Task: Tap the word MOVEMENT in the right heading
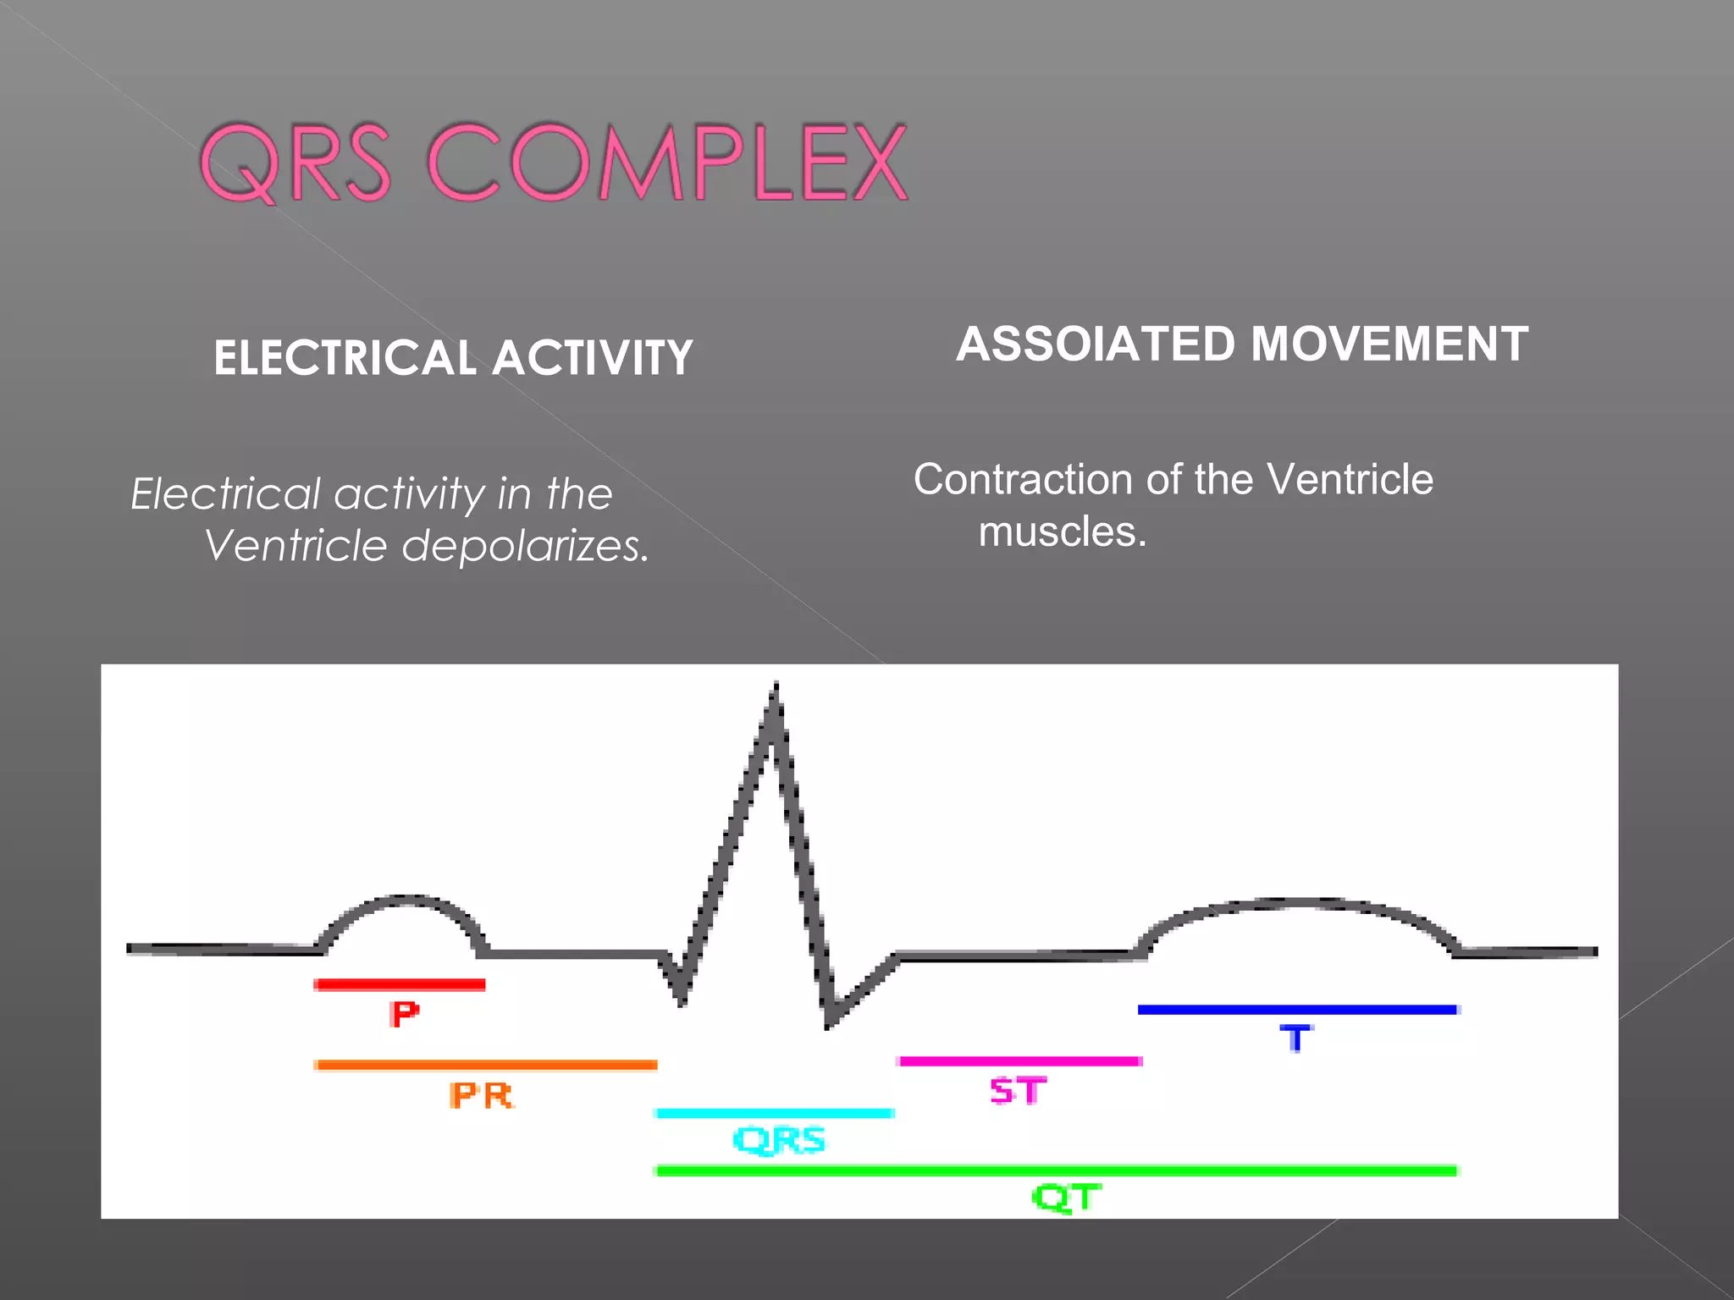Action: pos(1389,344)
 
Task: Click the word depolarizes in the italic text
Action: pos(525,546)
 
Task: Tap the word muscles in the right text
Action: pos(1062,532)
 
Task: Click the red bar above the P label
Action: pos(399,984)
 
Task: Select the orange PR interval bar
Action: pos(485,1065)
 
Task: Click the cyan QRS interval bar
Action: pos(775,1113)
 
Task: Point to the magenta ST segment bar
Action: pos(1019,1060)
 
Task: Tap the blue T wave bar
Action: pos(1297,1009)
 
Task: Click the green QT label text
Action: pos(1066,1198)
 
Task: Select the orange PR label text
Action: pos(481,1096)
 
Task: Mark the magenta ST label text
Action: pos(1019,1091)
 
